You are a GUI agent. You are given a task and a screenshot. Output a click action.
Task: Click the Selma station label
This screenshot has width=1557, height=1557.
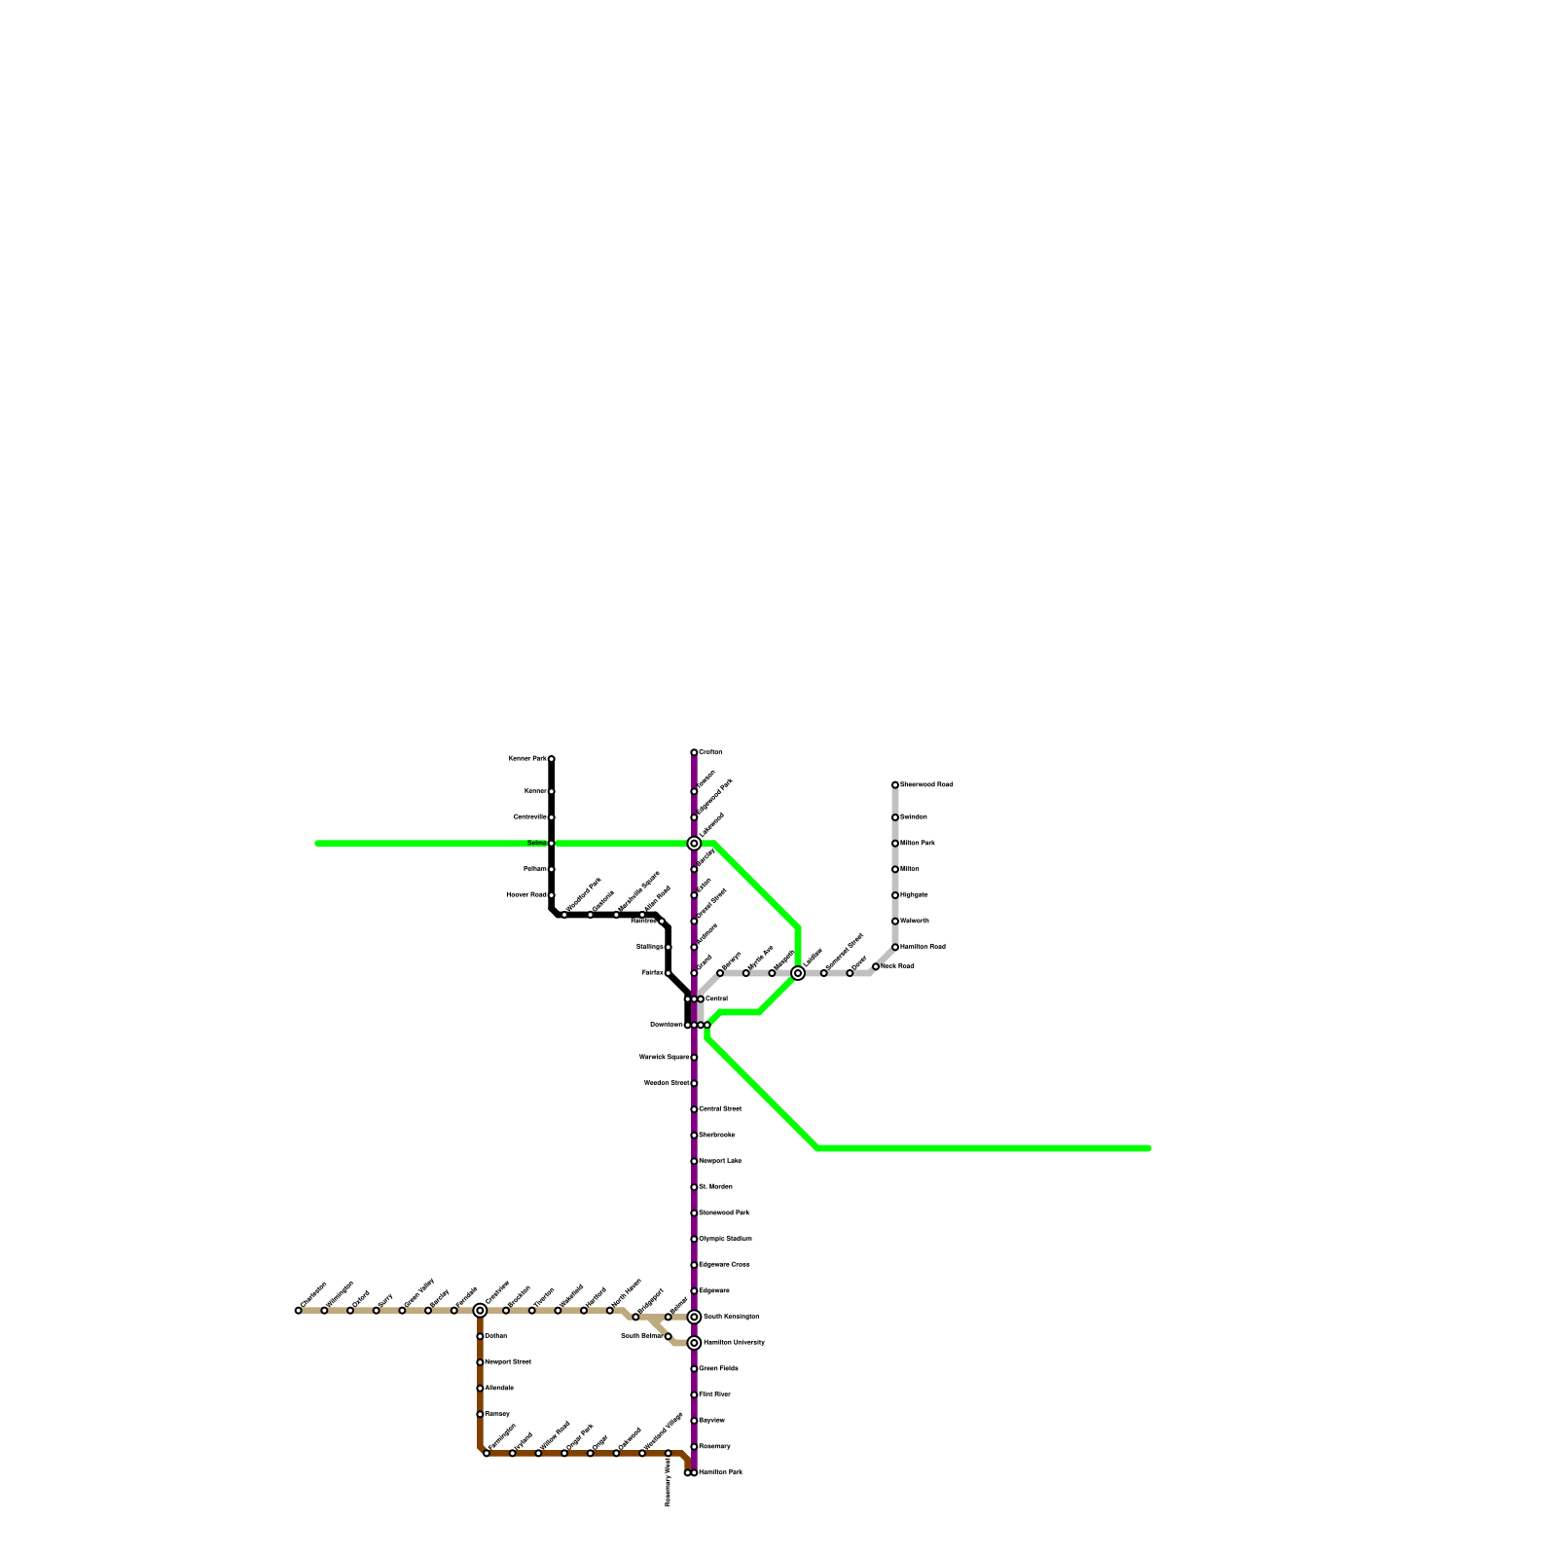[537, 843]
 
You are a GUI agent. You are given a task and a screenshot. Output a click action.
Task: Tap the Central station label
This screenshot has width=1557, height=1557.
[716, 998]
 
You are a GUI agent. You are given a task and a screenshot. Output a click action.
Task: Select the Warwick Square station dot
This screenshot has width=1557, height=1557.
[694, 1057]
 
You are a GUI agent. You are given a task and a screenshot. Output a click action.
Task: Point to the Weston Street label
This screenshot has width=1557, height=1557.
[667, 1083]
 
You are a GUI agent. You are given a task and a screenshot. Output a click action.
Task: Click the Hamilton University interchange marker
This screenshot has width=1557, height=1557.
[694, 1343]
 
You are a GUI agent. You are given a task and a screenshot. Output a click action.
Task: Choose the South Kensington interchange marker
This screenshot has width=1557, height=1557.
[694, 1317]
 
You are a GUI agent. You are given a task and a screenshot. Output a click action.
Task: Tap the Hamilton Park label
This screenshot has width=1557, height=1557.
[721, 1472]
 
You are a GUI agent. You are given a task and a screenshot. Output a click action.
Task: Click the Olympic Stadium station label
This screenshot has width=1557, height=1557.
[726, 1239]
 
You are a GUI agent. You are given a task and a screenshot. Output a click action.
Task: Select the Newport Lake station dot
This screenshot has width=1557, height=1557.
[694, 1161]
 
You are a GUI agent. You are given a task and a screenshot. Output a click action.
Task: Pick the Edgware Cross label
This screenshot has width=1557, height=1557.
[725, 1264]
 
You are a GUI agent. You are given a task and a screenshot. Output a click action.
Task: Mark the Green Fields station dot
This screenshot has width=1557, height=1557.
[694, 1368]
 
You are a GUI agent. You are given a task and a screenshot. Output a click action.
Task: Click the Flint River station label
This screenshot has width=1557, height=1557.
[715, 1394]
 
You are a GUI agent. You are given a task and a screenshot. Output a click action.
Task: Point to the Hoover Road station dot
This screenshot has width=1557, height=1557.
[551, 894]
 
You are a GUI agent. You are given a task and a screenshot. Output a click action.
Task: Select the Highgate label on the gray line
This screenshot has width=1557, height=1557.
[914, 894]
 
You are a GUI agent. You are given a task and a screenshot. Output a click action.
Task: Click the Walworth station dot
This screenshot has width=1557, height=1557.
[895, 921]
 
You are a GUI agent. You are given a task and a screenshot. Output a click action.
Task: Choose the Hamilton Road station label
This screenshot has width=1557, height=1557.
[923, 947]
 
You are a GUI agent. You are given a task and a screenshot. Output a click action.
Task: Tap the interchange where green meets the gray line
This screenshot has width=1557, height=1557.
[798, 973]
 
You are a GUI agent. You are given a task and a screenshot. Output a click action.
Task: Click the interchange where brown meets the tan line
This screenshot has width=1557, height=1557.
[480, 1311]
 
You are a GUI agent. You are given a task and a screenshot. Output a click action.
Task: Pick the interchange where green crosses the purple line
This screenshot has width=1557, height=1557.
[694, 844]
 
